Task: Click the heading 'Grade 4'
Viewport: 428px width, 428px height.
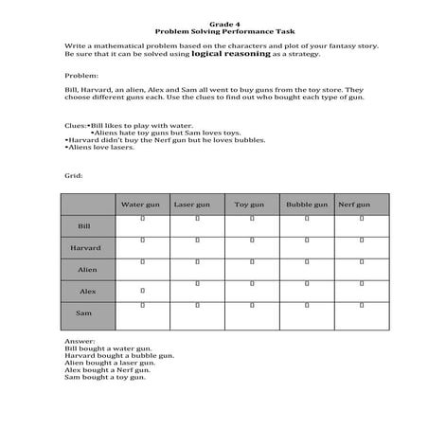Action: (213, 22)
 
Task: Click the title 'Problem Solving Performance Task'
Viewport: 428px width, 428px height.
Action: (213, 30)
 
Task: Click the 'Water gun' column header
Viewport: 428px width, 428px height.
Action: (142, 204)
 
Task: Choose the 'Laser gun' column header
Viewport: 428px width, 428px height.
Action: (197, 204)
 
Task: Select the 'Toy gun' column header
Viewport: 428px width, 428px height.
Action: (252, 204)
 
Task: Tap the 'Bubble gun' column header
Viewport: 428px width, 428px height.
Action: (307, 204)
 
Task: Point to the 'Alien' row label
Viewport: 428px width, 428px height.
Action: (87, 270)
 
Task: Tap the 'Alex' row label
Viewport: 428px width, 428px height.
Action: (87, 292)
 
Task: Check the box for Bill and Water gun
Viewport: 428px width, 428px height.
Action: (142, 219)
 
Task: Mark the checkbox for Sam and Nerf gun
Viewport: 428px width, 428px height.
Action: (362, 305)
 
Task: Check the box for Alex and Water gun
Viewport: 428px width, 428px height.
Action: (142, 290)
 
